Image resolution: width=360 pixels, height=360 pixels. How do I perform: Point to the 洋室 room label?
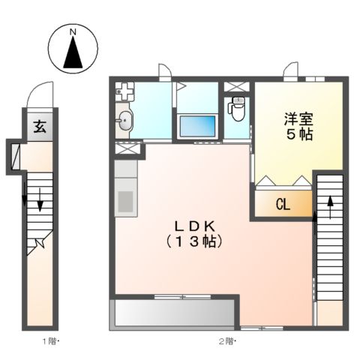pos(298,118)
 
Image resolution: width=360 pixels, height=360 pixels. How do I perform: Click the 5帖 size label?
pos(298,136)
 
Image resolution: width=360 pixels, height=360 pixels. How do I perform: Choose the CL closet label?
pos(283,204)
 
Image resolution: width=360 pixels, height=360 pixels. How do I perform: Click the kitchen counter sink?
pos(124,201)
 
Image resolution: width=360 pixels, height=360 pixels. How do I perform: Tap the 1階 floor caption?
pos(50,341)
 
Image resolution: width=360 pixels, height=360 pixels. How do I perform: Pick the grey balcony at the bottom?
pos(174,313)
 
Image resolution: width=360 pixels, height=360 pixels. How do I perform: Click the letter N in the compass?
pos(73,32)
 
